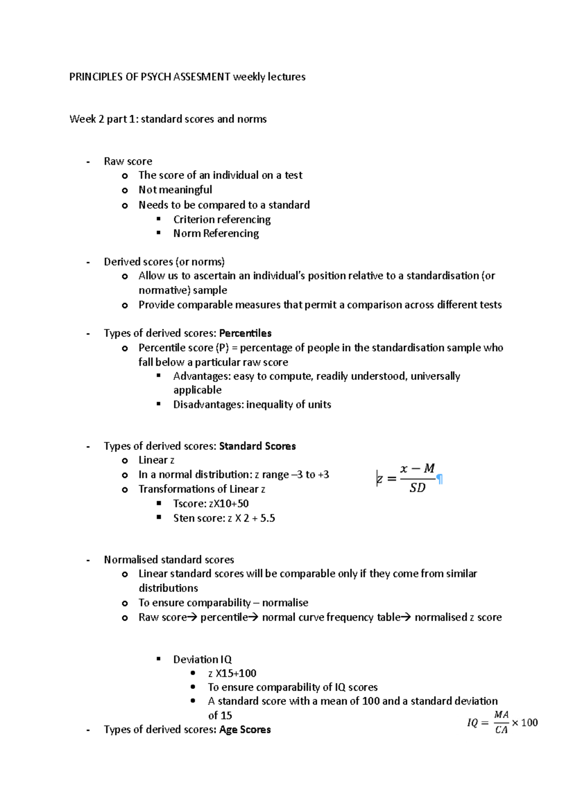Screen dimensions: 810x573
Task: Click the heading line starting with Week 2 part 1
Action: (x=168, y=119)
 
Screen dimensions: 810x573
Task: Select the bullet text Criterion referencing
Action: (x=222, y=219)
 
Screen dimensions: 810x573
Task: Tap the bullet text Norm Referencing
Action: (x=216, y=233)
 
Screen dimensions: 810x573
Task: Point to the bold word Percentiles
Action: (x=245, y=333)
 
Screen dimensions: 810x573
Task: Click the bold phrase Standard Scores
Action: (x=257, y=446)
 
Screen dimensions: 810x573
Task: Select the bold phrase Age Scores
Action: (x=245, y=729)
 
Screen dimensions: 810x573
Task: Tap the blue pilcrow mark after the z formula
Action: (x=440, y=479)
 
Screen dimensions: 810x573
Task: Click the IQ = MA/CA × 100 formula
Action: (x=502, y=722)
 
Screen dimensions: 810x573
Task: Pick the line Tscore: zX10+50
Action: (x=211, y=504)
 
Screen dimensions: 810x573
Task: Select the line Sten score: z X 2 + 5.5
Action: (x=224, y=518)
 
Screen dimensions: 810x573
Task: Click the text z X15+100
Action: (x=232, y=673)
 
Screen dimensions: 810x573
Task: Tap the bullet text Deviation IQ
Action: (x=202, y=659)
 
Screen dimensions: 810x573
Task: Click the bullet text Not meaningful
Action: (x=175, y=190)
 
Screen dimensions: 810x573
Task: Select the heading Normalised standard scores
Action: (x=169, y=560)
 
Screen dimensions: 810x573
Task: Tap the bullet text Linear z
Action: (x=156, y=460)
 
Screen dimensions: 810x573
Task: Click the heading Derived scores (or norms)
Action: (x=164, y=262)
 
